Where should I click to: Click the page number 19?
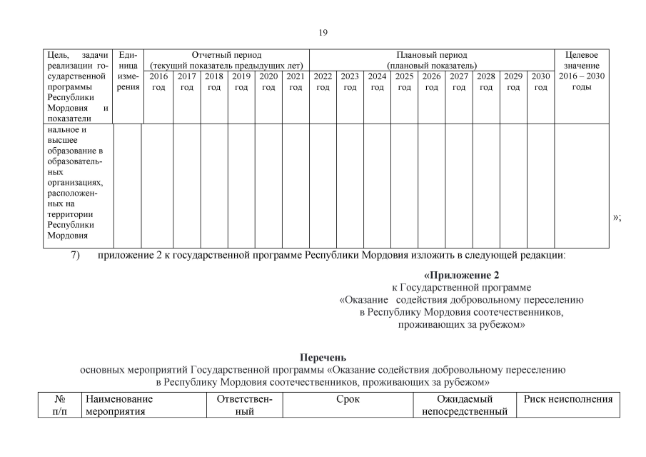[323, 32]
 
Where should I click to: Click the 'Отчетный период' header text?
[226, 55]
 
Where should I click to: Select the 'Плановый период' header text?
[432, 55]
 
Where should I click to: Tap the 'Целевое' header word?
[581, 55]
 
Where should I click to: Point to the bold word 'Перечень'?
[323, 357]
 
